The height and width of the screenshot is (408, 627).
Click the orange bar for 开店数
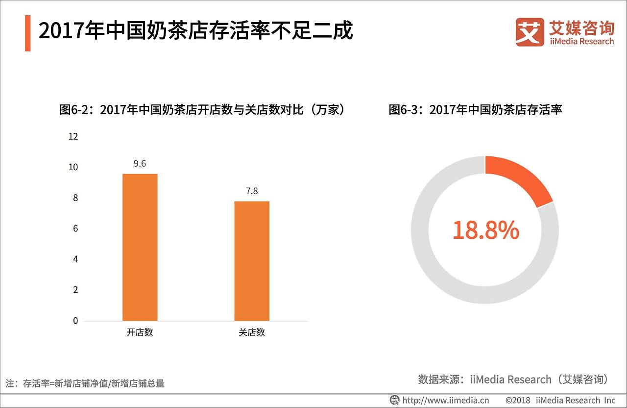tap(140, 247)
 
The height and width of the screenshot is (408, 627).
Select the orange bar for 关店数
tap(252, 261)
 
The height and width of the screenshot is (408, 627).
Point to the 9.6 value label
tap(140, 164)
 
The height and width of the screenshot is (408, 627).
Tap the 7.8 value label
tap(252, 191)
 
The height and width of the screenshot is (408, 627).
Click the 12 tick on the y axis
tap(73, 137)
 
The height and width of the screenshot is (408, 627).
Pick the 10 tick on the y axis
tap(73, 167)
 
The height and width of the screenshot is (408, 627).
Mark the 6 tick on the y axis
tap(75, 229)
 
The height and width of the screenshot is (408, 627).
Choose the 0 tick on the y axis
tap(75, 321)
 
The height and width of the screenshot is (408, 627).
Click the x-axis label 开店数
tap(140, 332)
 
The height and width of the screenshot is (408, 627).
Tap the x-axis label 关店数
tap(252, 332)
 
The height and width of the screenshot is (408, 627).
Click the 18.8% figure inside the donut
tap(485, 230)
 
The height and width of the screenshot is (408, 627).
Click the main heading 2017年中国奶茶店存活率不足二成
tap(196, 31)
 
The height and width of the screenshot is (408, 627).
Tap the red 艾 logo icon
tap(530, 32)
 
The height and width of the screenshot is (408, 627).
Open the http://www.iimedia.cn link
tap(446, 400)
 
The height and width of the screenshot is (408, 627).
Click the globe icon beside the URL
tap(394, 400)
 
